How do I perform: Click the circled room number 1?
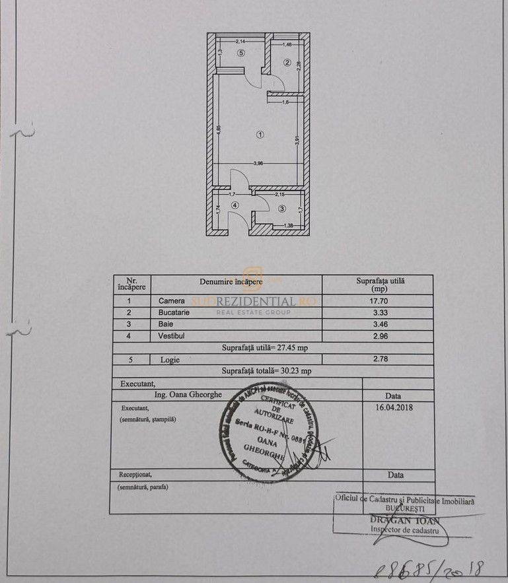[260, 135]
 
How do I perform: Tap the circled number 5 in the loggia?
[242, 53]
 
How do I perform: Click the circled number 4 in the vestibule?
[234, 205]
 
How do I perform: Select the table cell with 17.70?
[377, 300]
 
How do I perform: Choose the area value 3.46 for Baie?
[377, 324]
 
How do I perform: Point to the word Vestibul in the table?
[172, 335]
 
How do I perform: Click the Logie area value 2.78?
[377, 359]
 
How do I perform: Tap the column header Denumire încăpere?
[231, 282]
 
